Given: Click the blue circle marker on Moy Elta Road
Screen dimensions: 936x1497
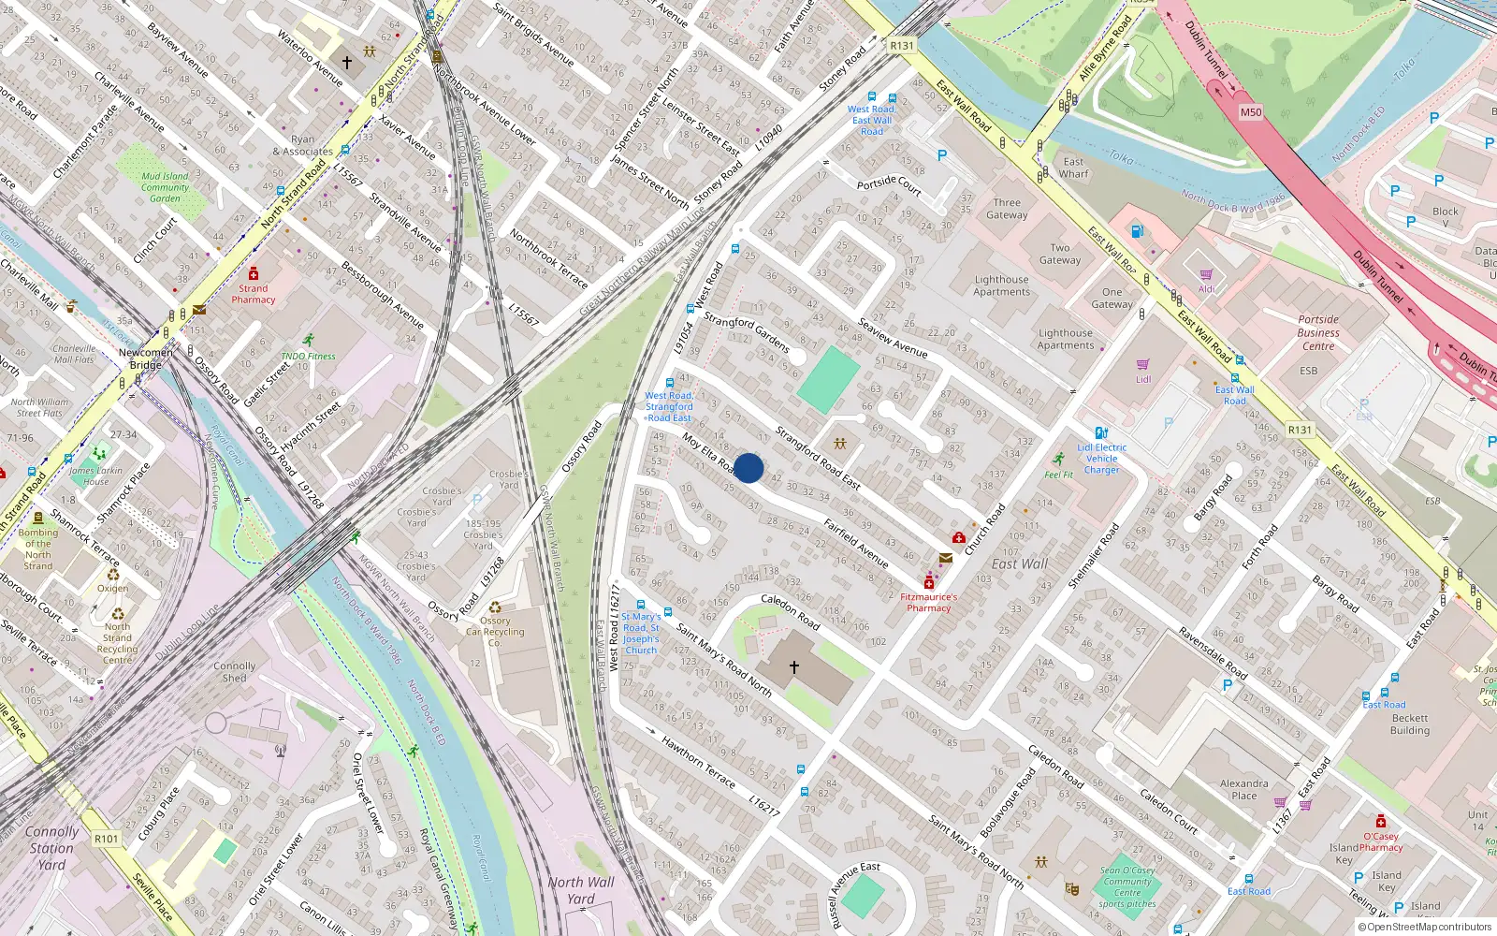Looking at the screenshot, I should [x=748, y=468].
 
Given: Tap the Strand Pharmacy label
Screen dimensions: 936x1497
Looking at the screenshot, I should [x=254, y=294].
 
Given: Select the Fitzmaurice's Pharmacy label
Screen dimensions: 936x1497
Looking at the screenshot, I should [x=928, y=602].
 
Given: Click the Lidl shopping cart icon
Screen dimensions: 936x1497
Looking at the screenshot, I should [x=1142, y=365].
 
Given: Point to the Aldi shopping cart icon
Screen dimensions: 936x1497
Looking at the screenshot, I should [x=1206, y=275].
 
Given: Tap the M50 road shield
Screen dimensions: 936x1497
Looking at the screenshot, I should [x=1250, y=112].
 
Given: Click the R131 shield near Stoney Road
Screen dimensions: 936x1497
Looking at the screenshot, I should [x=901, y=46].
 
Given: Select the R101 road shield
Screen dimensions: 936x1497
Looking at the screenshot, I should [x=107, y=839].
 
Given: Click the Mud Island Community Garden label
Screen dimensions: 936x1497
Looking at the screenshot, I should [x=165, y=187].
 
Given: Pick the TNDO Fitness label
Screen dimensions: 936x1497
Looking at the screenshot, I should [x=308, y=356].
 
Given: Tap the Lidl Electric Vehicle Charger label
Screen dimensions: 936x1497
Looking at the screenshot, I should [x=1101, y=459].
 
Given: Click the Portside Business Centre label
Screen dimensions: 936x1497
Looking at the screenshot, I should [x=1318, y=332].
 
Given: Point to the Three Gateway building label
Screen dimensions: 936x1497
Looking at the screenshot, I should [x=1007, y=209].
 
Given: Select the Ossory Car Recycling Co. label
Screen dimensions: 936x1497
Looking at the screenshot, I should [x=495, y=632].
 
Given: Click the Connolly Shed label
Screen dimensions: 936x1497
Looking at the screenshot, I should [x=234, y=672].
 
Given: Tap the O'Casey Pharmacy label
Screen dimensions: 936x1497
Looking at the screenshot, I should [x=1381, y=841].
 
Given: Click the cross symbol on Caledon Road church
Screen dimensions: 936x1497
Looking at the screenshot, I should [x=794, y=667].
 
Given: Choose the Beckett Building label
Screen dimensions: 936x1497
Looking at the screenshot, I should [x=1409, y=724].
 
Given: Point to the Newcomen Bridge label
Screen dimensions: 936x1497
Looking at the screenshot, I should [x=145, y=358].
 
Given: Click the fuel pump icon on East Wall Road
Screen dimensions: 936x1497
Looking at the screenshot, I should [x=1137, y=230].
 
